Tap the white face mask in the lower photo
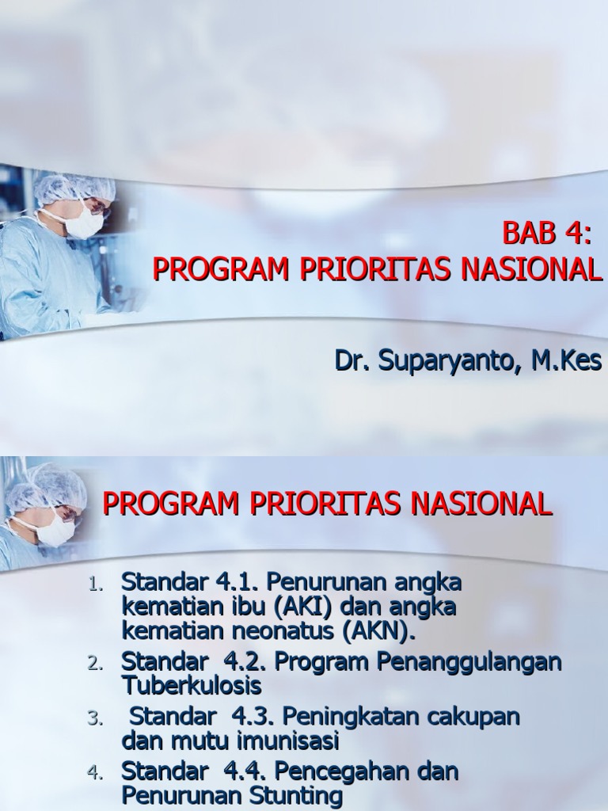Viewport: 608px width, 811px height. click(55, 530)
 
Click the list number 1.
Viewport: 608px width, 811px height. click(94, 585)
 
